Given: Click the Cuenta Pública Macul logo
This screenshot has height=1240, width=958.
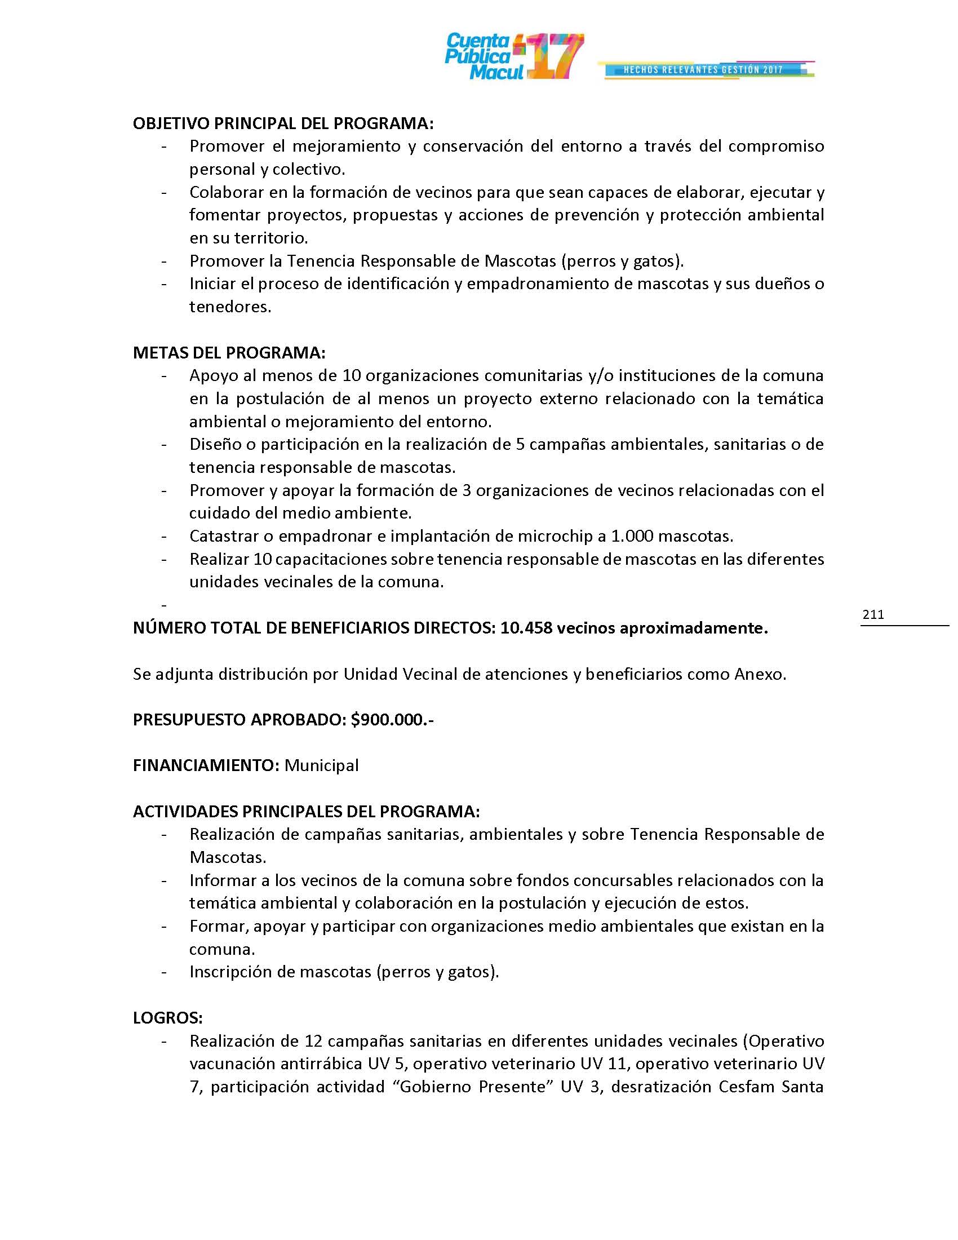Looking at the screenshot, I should tap(513, 56).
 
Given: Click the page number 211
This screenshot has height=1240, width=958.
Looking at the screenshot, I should tap(873, 614).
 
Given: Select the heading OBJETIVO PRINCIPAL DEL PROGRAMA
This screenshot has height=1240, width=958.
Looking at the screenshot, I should tap(283, 124).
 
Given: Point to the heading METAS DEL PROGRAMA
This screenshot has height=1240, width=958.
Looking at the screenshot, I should tap(229, 353).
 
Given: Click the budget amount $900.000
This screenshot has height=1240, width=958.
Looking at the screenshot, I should tap(392, 720).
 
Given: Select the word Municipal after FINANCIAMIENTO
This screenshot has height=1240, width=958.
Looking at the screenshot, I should tap(321, 765).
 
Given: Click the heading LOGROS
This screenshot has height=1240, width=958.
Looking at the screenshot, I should tap(167, 1018).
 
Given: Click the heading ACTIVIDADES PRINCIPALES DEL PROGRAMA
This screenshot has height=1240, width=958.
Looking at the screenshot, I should tap(306, 811).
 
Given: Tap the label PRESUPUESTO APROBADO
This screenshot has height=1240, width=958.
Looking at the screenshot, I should tap(239, 720).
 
